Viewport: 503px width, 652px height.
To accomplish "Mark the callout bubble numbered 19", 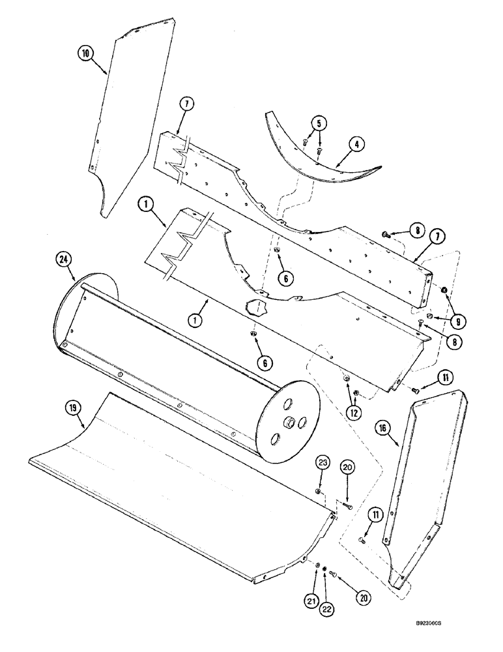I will click(72, 409).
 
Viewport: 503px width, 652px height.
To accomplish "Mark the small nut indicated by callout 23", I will click(317, 491).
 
